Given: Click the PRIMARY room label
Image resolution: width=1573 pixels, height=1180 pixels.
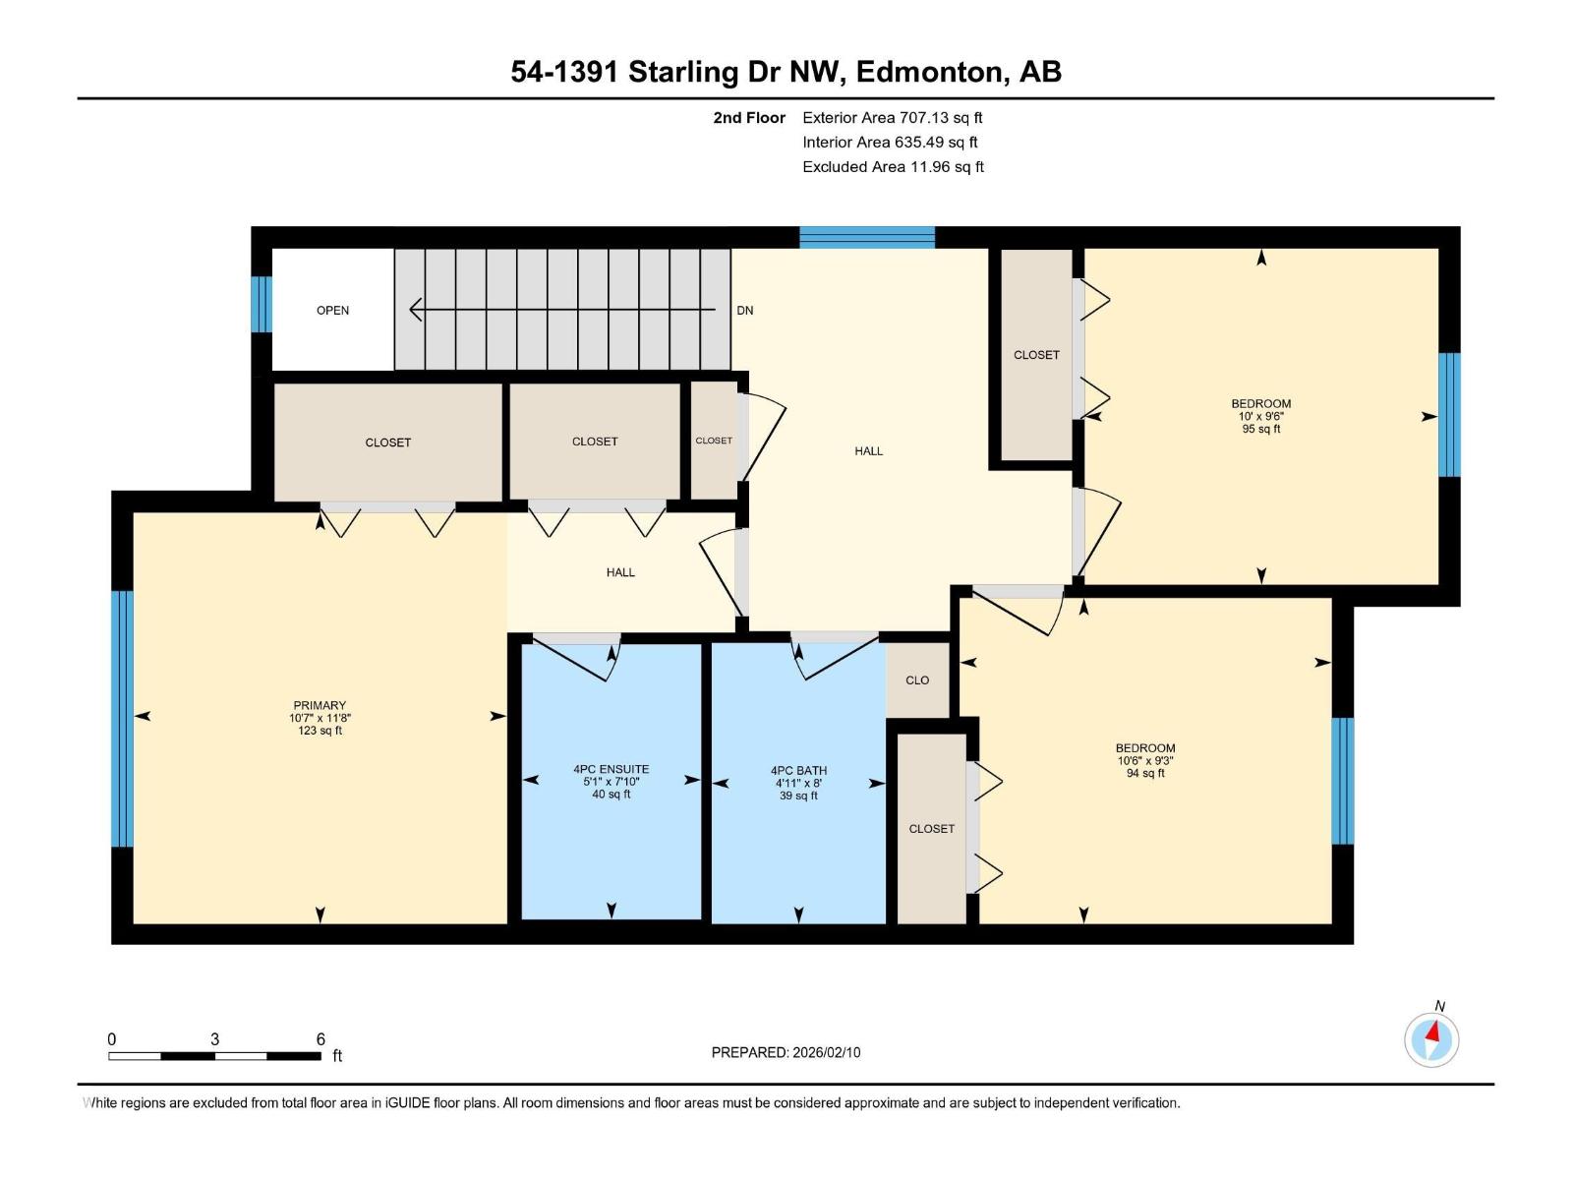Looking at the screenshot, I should point(320,705).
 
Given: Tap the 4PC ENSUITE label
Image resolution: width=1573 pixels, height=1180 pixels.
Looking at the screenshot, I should point(612,769).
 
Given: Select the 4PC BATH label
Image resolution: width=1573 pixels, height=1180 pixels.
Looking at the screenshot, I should point(798,771).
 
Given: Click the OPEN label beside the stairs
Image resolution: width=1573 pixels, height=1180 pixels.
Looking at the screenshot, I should point(332,311).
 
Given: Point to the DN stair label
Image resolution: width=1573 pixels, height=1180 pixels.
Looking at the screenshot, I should point(745,311).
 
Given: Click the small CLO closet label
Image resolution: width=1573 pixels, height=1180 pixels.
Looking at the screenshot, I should point(917,680).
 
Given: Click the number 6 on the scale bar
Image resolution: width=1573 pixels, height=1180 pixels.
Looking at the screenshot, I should point(320,1039).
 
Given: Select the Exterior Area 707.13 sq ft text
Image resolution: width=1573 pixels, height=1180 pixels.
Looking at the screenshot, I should point(892,118).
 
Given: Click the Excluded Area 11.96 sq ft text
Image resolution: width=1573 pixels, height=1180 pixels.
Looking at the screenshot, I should point(893,167).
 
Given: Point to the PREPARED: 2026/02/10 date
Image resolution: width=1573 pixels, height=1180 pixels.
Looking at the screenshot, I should point(786,1052).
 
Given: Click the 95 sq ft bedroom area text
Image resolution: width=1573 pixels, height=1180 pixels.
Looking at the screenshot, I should point(1261,430).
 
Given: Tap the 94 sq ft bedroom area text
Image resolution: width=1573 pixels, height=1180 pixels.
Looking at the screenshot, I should point(1145,774).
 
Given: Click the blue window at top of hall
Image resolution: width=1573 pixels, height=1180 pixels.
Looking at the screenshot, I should point(866,237).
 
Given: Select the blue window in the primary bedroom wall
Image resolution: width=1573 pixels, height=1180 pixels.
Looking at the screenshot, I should point(122,718).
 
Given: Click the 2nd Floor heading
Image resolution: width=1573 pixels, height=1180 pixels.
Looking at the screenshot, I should point(749,118).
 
